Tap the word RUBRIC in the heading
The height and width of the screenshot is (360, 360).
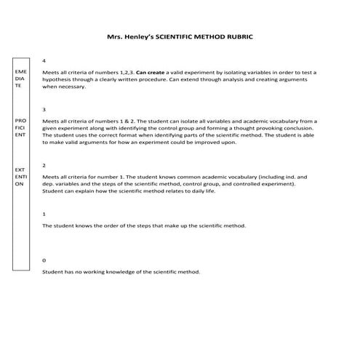coord(239,35)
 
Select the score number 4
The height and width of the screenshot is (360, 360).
coord(44,60)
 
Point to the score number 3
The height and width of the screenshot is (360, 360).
coord(44,109)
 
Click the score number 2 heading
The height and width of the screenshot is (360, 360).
coord(44,165)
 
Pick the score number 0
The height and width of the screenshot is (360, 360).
coord(44,260)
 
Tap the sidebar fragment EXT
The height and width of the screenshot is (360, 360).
coord(20,169)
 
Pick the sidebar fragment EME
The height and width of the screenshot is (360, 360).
coord(20,73)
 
